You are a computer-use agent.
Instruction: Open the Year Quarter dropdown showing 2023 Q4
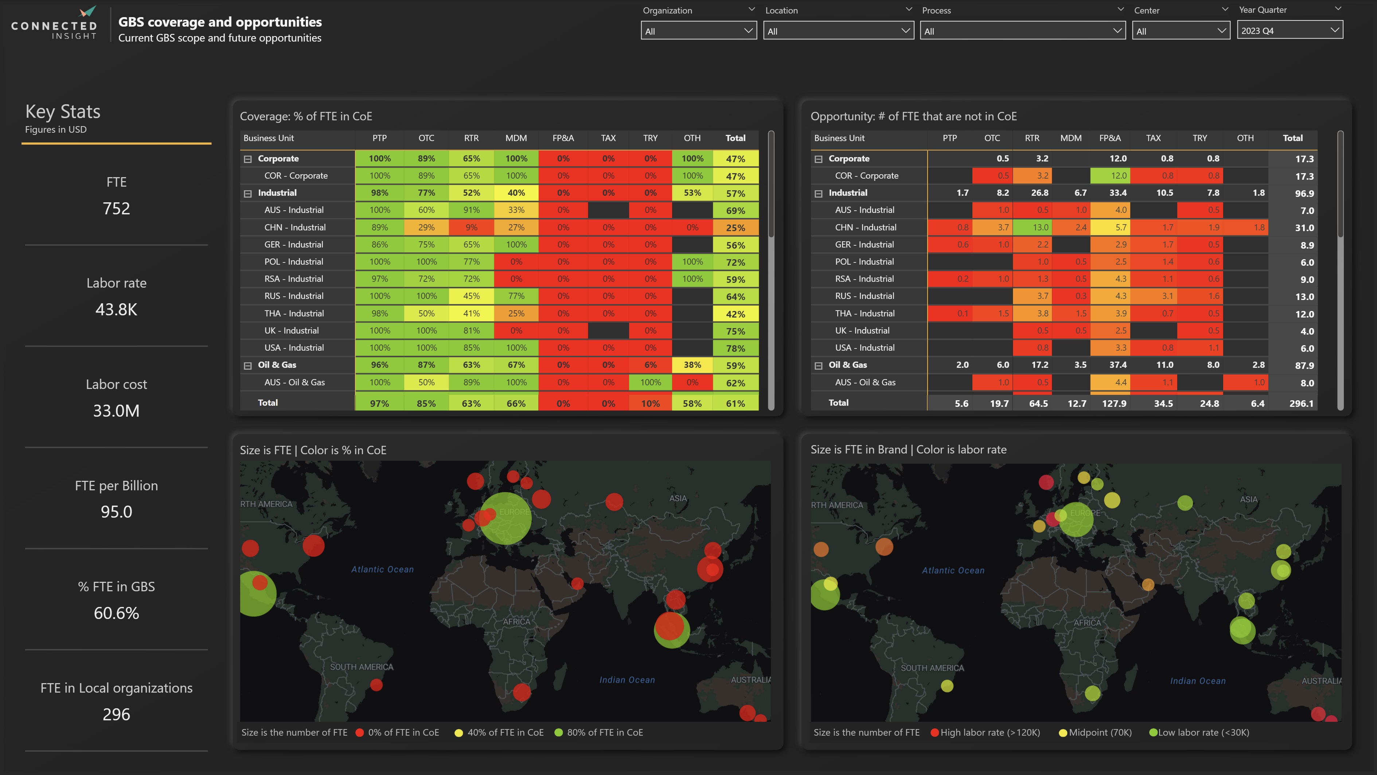tap(1289, 31)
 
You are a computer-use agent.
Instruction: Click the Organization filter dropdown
tap(698, 31)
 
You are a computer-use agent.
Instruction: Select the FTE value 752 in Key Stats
tap(116, 209)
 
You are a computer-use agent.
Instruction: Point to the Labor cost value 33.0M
tap(116, 410)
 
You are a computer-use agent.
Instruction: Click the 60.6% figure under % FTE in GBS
tap(116, 613)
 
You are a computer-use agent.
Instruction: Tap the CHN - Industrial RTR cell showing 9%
tap(471, 227)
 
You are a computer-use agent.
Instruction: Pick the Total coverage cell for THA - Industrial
tap(735, 314)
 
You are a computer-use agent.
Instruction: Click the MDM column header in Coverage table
tap(516, 138)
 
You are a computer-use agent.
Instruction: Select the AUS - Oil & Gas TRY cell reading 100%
tap(650, 382)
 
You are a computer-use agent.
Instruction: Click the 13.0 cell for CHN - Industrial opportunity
tap(1040, 227)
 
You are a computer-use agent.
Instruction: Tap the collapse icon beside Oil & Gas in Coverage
tap(247, 366)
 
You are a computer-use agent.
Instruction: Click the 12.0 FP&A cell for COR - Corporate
tap(1118, 176)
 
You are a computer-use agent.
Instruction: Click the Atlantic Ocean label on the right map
tap(953, 570)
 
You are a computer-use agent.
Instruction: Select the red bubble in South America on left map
tap(376, 685)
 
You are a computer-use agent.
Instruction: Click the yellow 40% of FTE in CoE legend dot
tap(458, 733)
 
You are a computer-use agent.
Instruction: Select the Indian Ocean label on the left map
tap(627, 680)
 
